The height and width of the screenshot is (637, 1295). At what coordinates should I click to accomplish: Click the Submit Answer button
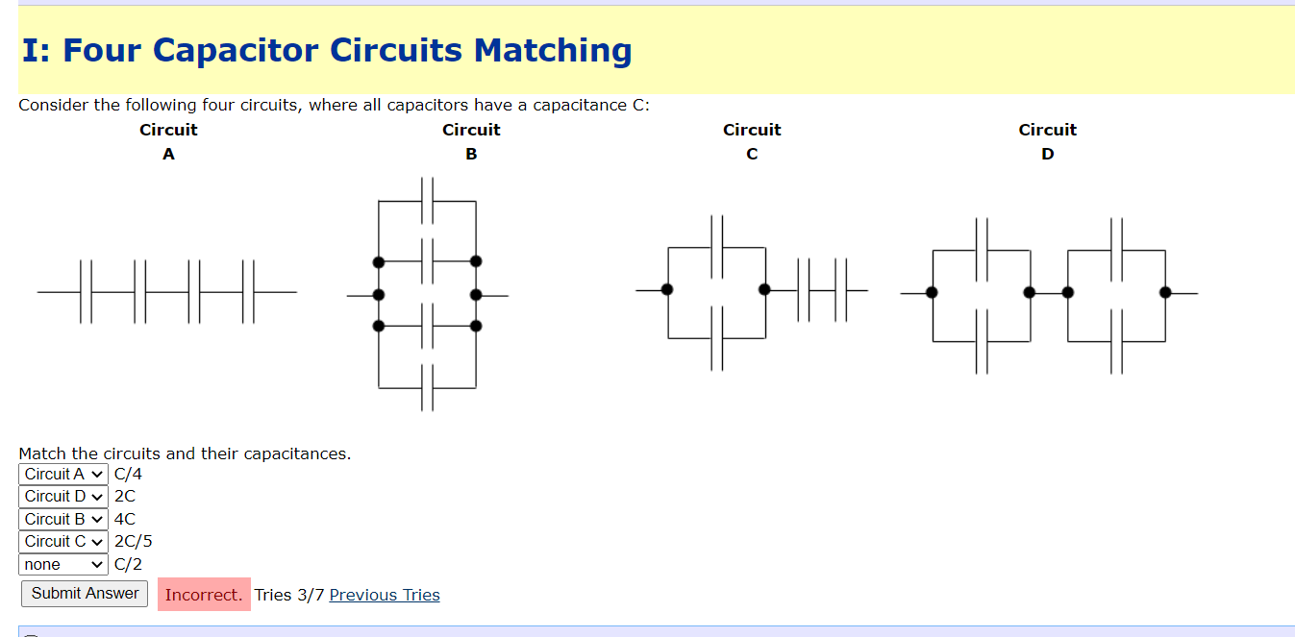tap(85, 594)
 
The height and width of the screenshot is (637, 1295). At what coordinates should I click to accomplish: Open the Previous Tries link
tap(385, 595)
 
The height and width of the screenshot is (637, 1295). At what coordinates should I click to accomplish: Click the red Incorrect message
tap(204, 595)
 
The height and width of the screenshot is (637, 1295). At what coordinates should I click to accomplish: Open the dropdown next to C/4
tap(63, 474)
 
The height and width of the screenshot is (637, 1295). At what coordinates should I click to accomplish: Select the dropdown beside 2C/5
tap(63, 541)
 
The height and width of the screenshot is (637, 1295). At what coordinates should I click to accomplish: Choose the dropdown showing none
tap(63, 564)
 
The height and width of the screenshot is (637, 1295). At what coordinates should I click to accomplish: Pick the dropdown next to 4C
tap(63, 519)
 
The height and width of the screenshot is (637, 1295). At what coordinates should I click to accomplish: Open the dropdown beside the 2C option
tap(63, 496)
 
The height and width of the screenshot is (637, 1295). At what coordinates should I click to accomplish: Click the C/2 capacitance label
tap(128, 564)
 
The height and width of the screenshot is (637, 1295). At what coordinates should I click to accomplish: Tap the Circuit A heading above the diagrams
tap(168, 141)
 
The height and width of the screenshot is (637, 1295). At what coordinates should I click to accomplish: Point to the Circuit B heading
tap(471, 141)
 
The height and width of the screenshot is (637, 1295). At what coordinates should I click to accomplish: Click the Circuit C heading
tap(752, 141)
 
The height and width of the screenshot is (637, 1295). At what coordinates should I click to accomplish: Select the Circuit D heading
tap(1047, 141)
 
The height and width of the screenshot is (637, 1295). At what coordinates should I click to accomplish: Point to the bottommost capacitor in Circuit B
tap(428, 388)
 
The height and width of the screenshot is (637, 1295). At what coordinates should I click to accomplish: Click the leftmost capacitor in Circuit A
tap(87, 291)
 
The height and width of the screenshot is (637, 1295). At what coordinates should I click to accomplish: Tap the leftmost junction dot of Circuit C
tap(667, 289)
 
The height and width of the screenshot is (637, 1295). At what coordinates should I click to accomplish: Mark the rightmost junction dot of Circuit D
tap(1165, 292)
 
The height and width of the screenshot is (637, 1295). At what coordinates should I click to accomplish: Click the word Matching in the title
tap(553, 50)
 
